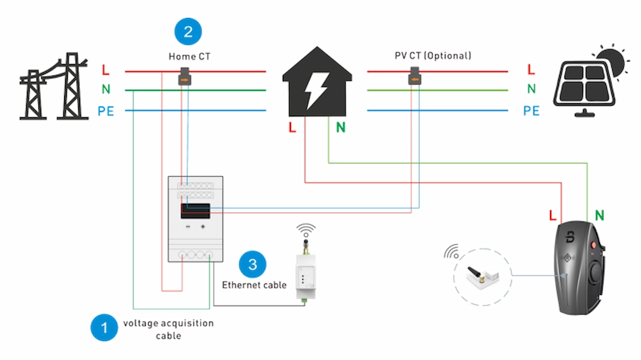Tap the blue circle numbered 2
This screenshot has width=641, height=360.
tap(188, 31)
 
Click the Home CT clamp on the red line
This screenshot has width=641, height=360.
tap(185, 78)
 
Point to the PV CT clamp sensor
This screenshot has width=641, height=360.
tap(415, 78)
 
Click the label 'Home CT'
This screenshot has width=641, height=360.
tap(189, 56)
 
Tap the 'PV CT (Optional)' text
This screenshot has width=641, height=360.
tap(433, 56)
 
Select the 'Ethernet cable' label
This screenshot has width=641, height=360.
tap(254, 284)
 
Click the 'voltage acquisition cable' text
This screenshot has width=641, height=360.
tap(168, 329)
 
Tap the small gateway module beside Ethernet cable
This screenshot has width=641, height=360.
tap(305, 275)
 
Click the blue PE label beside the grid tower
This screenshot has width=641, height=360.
tap(106, 111)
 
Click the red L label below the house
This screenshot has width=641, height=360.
tap(292, 127)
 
